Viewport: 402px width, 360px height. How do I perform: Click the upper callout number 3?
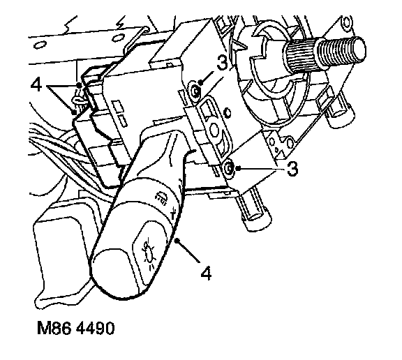(x=222, y=63)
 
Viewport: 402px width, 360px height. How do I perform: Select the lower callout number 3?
(x=292, y=168)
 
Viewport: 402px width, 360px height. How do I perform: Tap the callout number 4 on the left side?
(x=36, y=85)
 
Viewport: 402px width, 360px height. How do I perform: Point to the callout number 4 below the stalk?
(x=206, y=273)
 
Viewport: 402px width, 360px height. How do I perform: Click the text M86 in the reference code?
(x=54, y=328)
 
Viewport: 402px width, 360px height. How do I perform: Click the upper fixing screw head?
(x=195, y=91)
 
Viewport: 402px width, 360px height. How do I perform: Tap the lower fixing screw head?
(x=229, y=168)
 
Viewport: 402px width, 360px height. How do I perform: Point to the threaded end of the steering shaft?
(x=342, y=51)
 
